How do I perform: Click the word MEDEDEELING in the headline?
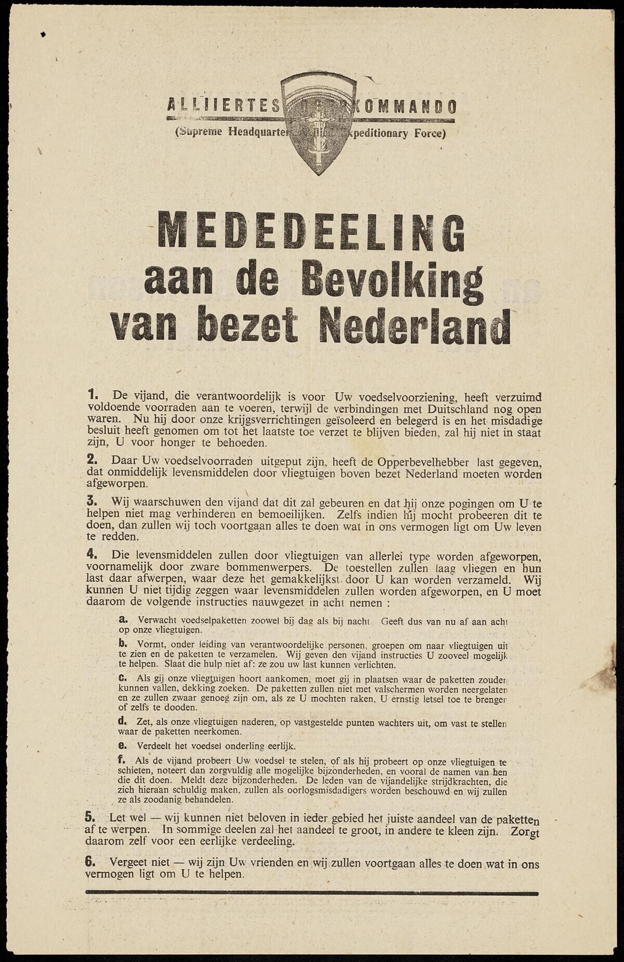(310, 232)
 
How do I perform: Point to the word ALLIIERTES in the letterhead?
(224, 106)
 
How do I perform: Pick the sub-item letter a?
(124, 620)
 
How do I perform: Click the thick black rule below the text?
(311, 893)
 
